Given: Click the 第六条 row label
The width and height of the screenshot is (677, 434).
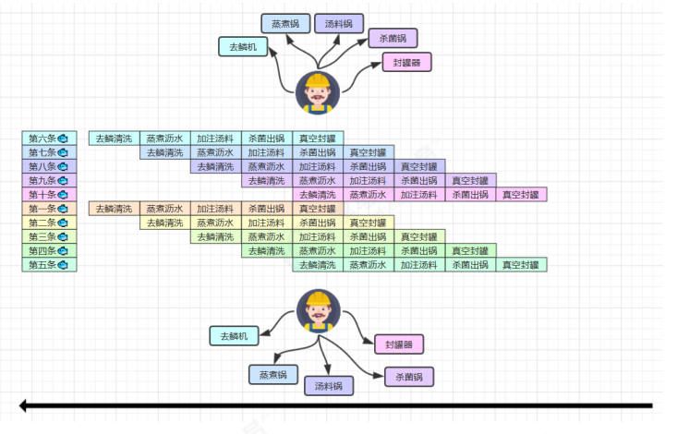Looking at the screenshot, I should coord(49,139).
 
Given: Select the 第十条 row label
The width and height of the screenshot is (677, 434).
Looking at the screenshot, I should coord(49,195).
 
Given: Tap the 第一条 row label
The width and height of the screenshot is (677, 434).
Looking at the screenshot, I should coord(49,209).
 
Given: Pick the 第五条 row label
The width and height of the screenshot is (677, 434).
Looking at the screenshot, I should coord(49,265).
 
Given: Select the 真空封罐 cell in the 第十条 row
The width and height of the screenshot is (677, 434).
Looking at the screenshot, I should coord(521,195).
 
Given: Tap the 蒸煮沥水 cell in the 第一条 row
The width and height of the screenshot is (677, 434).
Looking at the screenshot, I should coord(165,209).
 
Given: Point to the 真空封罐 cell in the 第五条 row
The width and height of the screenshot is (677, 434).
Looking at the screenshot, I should coord(521,265).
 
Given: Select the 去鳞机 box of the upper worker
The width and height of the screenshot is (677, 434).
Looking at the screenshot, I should coord(242,46).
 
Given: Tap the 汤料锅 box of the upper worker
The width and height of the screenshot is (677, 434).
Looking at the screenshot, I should coord(339,23).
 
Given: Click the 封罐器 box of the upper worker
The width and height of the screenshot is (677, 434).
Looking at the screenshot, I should coord(407,63).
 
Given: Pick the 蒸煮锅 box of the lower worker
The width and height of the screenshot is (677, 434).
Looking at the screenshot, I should coord(273,374).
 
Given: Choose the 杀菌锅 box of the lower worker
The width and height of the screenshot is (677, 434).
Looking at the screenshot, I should coord(408,377).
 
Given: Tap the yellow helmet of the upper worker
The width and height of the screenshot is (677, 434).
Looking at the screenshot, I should coord(318,81).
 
